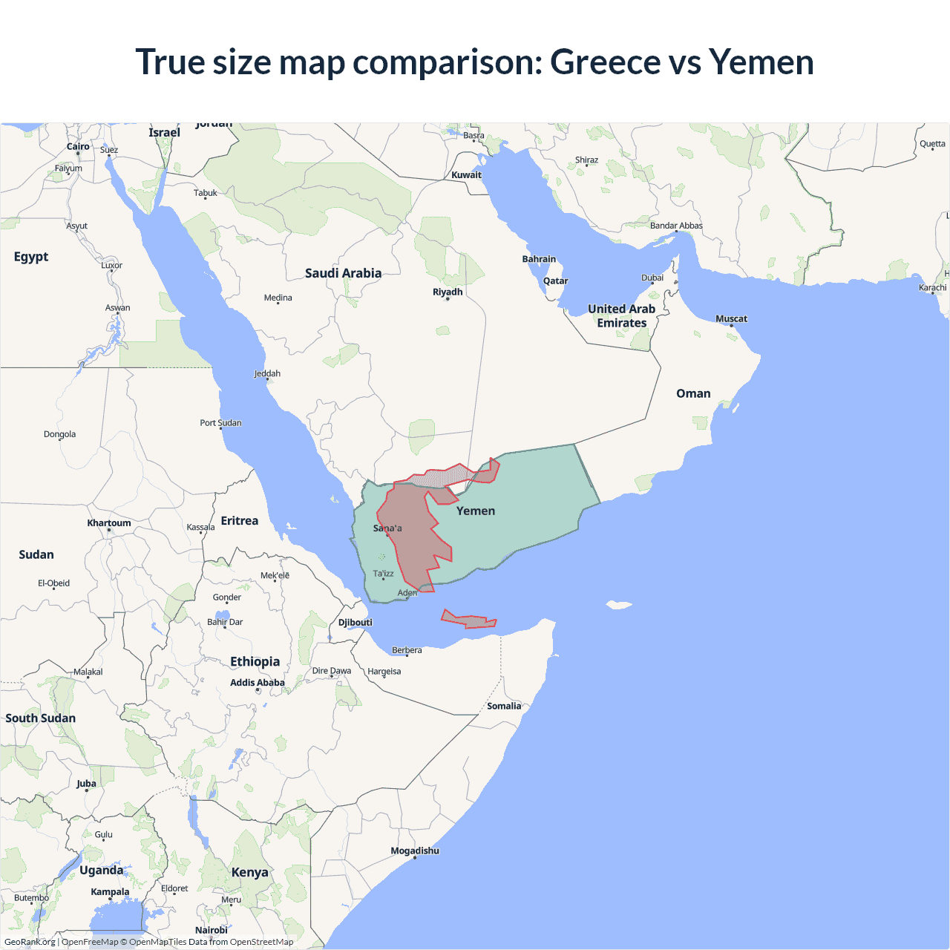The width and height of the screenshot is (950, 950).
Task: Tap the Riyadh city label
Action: click(x=448, y=292)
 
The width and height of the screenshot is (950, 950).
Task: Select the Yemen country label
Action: click(x=476, y=511)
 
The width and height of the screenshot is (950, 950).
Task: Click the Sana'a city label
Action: click(x=387, y=528)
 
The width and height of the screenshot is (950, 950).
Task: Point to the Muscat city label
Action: click(x=731, y=319)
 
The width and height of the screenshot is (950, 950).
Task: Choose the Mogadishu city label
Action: click(x=415, y=851)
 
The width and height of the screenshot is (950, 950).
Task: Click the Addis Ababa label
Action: click(x=258, y=683)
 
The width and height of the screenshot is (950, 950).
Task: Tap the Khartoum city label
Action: click(x=109, y=523)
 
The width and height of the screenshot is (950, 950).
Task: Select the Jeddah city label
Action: click(x=267, y=374)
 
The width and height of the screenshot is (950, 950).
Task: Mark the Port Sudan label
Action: click(x=220, y=423)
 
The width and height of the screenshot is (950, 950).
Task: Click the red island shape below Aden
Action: click(x=468, y=620)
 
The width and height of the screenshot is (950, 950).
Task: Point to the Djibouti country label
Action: click(x=356, y=623)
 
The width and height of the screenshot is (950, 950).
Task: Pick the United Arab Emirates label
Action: click(x=622, y=315)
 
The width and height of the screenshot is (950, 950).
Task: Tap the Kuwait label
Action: click(x=467, y=175)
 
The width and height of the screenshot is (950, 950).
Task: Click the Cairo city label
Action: click(x=78, y=147)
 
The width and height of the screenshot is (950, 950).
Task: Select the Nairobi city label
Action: click(x=212, y=930)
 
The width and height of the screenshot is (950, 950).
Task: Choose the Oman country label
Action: click(x=693, y=393)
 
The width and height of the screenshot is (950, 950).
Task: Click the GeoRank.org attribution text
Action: click(x=30, y=942)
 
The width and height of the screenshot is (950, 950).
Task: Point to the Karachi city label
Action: click(x=932, y=288)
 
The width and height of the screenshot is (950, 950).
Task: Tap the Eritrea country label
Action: click(x=240, y=521)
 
